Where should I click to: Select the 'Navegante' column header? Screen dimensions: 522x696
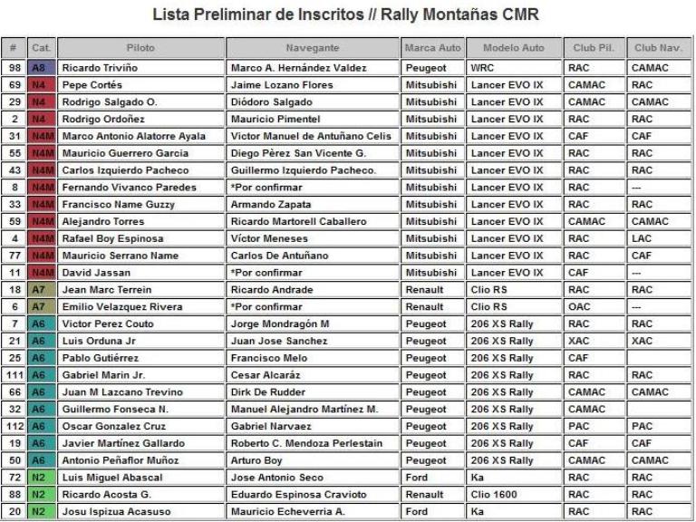pyautogui.click(x=312, y=47)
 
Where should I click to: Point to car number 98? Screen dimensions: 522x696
pyautogui.click(x=14, y=68)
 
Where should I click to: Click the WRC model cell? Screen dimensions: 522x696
pyautogui.click(x=481, y=68)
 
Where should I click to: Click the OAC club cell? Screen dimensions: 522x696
pyautogui.click(x=578, y=307)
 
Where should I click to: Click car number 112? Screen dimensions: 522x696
pyautogui.click(x=14, y=427)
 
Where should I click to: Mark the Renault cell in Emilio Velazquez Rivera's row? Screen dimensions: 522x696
pyautogui.click(x=425, y=307)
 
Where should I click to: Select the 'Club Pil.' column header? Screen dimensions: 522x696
pyautogui.click(x=590, y=47)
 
